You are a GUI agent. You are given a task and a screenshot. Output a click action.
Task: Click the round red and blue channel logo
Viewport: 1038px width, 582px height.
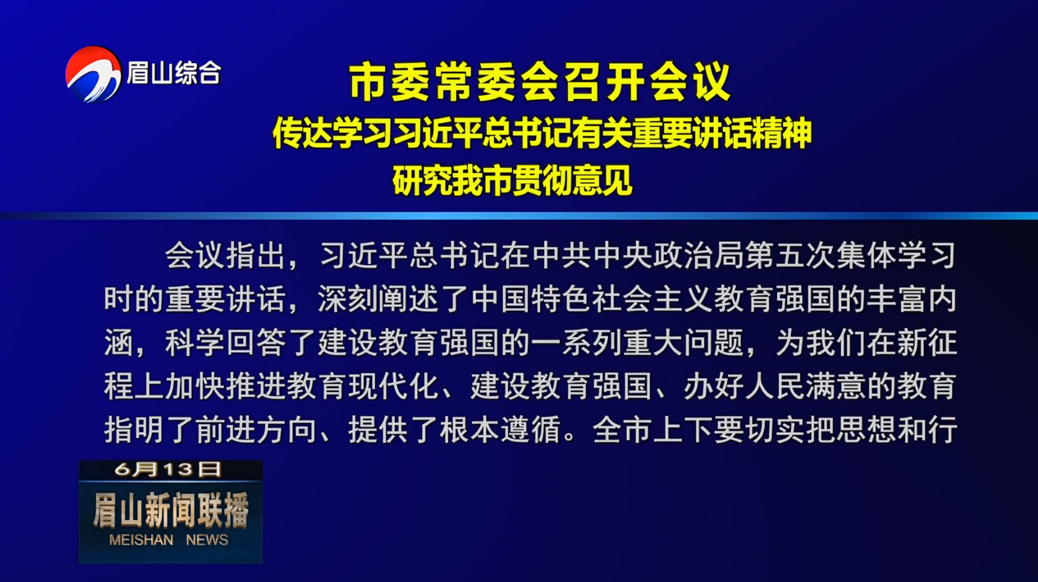[x=93, y=74]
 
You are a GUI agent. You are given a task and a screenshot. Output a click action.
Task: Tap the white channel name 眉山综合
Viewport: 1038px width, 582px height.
[x=174, y=73]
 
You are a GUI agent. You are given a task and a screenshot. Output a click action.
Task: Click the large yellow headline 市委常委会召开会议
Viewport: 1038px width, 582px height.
[x=540, y=82]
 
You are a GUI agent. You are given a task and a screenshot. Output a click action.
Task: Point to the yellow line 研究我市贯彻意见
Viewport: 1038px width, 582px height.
[x=513, y=180]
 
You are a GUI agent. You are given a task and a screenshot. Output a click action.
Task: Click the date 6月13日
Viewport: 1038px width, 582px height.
[x=168, y=469]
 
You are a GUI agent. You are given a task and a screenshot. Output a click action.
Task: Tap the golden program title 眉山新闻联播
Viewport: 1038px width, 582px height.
[x=171, y=510]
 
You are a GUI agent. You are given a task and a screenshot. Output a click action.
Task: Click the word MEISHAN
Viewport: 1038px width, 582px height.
[x=141, y=540]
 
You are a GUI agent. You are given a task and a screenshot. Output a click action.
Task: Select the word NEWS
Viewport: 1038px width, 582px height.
[x=207, y=540]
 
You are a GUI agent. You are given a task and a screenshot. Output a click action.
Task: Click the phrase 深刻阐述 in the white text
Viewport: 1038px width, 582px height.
[x=378, y=299]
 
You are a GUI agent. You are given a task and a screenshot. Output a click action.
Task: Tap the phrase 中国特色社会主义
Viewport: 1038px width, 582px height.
[x=591, y=299]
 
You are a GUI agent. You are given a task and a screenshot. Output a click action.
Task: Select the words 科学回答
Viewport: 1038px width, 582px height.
[x=225, y=343]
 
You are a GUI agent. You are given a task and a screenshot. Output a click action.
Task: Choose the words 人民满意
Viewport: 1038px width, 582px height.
[x=805, y=386]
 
